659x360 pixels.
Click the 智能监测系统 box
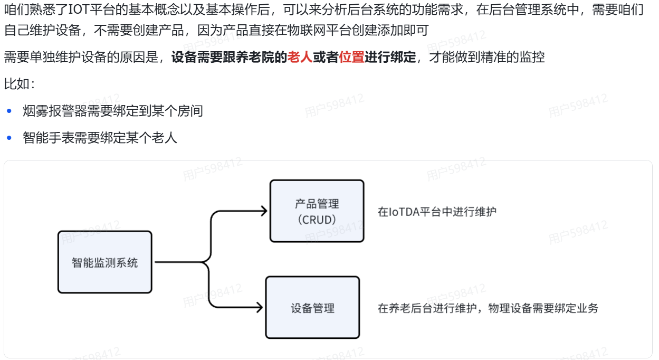point(104,262)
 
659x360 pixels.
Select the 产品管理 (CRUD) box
point(317,211)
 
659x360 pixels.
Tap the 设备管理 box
point(312,308)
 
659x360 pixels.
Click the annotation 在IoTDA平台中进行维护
point(437,212)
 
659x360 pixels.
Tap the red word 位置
point(351,57)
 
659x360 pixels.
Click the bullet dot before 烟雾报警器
point(9,111)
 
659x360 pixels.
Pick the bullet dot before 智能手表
point(9,138)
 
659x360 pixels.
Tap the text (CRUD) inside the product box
point(317,220)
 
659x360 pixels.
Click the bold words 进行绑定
point(390,57)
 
